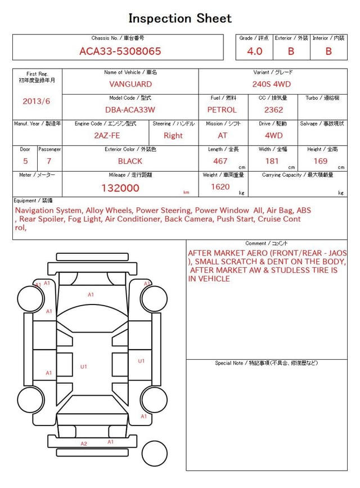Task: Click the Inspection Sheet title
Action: pos(180,18)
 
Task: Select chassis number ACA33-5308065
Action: pos(120,51)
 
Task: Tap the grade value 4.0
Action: pos(255,51)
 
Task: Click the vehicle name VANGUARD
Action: pos(130,84)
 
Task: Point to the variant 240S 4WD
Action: pos(273,84)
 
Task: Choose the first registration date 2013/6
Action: pos(37,101)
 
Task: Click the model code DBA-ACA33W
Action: pos(130,110)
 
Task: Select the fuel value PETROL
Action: pos(222,110)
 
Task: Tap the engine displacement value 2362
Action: pos(273,110)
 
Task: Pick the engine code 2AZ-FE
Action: pos(107,136)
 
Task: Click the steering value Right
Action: pos(173,136)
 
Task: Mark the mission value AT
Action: pos(223,136)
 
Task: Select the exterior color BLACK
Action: pos(130,161)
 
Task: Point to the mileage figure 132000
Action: pos(120,188)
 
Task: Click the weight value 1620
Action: pos(220,187)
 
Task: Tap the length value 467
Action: pos(220,161)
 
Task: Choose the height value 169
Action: pos(321,161)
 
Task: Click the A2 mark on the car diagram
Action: pos(84,444)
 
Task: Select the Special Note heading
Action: pos(267,363)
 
